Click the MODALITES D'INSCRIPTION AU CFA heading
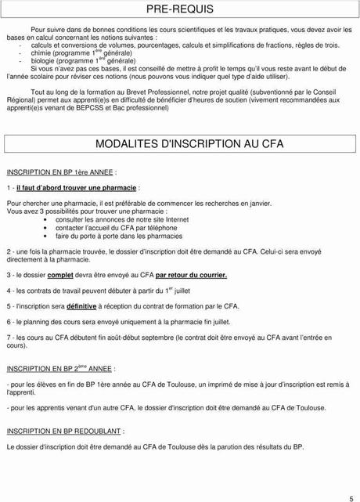click(181, 146)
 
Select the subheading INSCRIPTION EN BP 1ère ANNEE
click(62, 171)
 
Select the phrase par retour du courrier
click(191, 276)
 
